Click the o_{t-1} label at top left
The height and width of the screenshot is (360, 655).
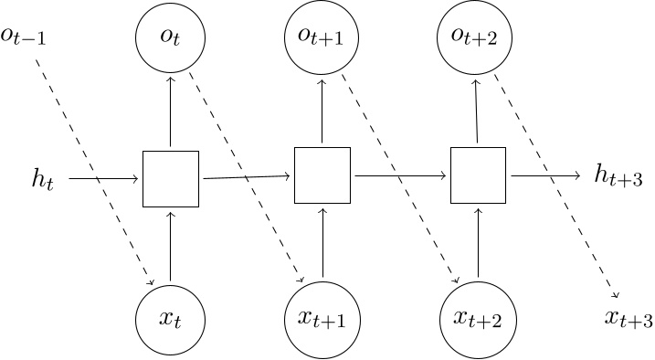24,41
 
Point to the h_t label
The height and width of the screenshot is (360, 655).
43,178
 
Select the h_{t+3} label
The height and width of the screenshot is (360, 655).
618,178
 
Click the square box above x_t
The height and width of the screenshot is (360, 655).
171,178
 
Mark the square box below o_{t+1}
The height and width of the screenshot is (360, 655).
322,175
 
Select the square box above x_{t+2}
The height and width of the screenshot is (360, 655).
478,175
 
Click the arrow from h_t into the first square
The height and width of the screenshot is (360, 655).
105,178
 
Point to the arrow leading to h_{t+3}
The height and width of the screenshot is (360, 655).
544,175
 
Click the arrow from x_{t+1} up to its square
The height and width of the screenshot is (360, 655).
322,241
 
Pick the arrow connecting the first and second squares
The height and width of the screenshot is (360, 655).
247,177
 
